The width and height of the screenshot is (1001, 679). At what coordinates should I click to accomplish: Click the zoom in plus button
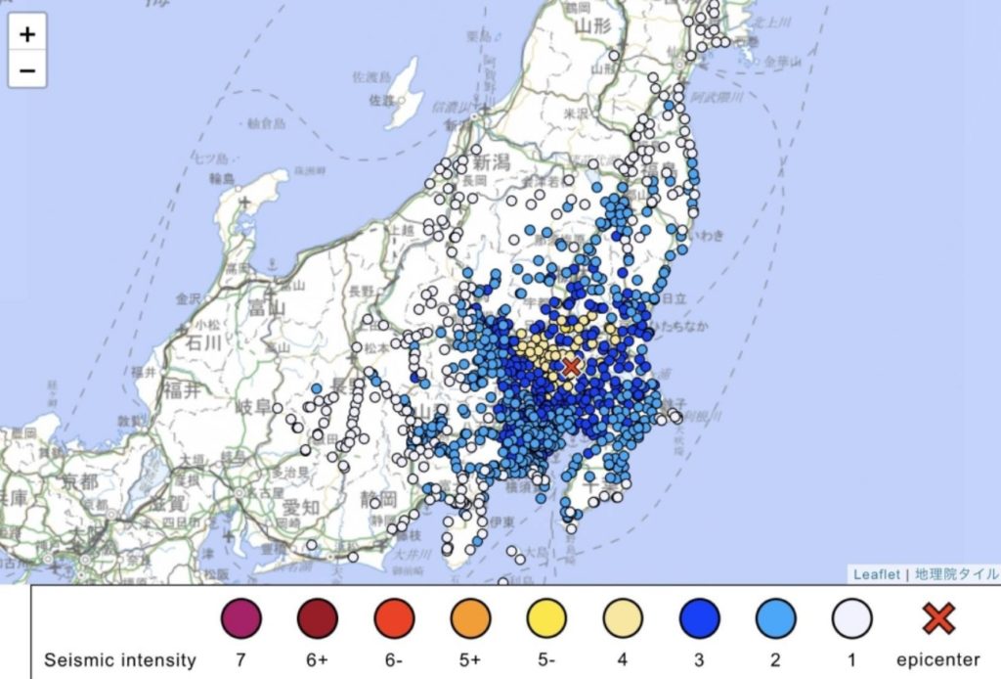pos(27,34)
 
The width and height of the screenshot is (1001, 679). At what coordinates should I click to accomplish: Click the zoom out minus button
pos(27,70)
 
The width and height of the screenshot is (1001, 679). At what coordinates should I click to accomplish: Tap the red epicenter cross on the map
pos(572,366)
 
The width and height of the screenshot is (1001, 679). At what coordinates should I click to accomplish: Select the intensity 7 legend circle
pos(239,618)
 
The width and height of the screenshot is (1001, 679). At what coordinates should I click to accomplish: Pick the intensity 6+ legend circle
pos(318,618)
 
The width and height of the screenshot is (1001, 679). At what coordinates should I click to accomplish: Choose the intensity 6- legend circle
pos(394,618)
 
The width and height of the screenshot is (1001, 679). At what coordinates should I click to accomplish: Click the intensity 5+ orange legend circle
pos(470,618)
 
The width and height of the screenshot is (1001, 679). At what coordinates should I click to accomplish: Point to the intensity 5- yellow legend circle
pos(546,618)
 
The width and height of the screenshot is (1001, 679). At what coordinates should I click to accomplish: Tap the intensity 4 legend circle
pos(623,618)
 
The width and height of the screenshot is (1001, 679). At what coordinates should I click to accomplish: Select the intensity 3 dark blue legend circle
pos(700,618)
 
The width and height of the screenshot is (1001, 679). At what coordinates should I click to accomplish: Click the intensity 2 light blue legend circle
pos(776,618)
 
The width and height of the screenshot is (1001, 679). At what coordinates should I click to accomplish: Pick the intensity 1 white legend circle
pos(852,618)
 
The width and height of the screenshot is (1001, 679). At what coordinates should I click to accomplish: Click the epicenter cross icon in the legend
pos(938,617)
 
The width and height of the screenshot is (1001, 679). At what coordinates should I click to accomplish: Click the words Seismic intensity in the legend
pos(120,660)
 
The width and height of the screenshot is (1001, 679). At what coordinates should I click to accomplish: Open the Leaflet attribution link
pos(876,574)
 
